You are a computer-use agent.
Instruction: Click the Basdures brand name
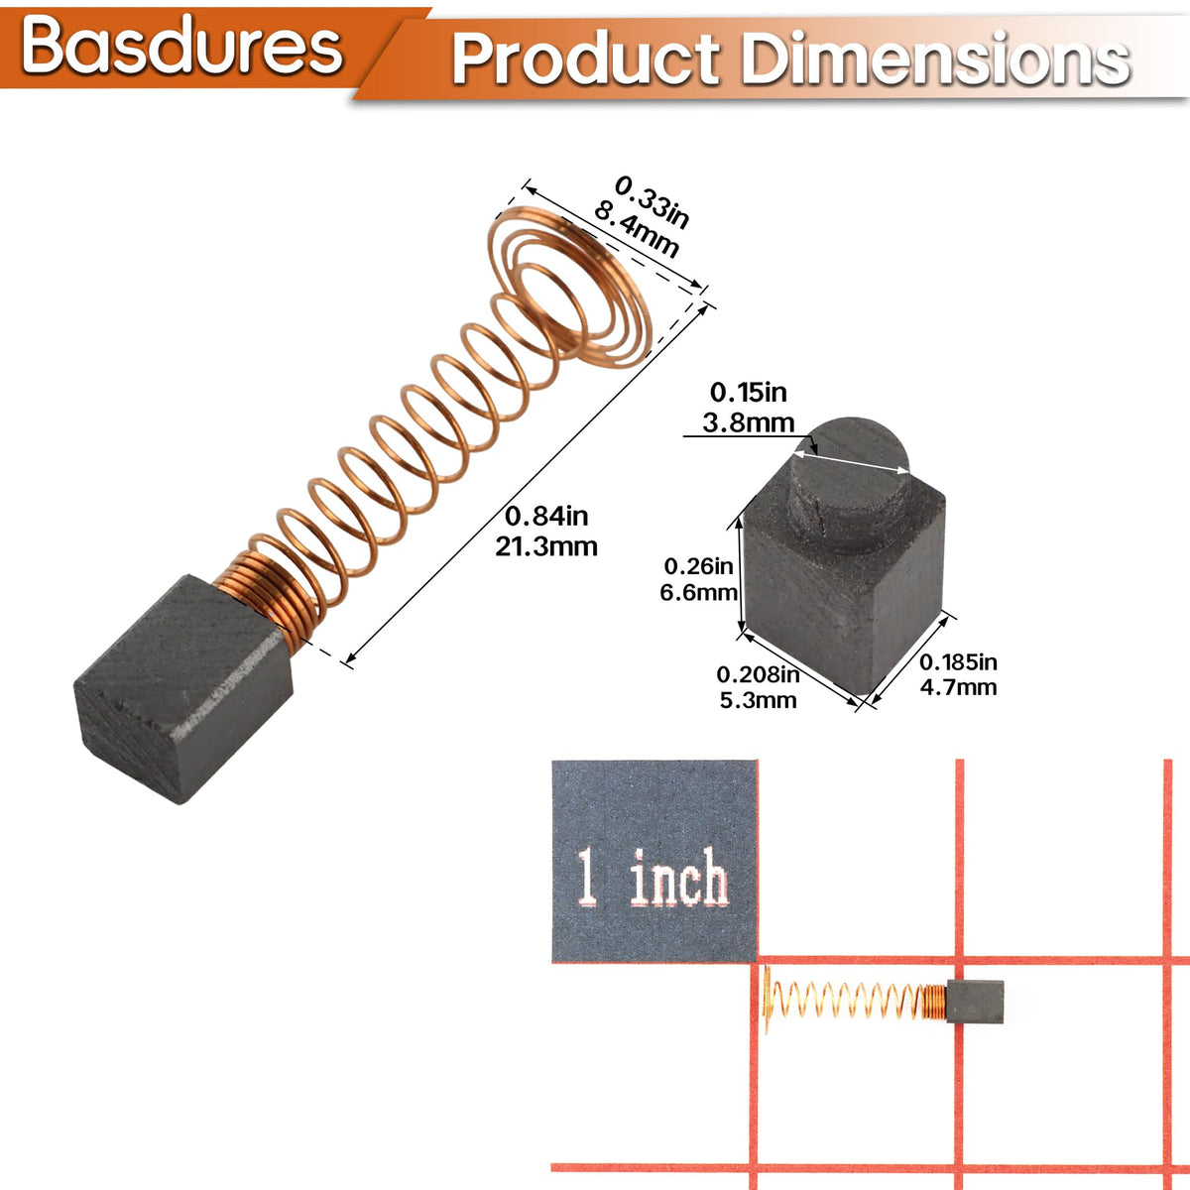(182, 48)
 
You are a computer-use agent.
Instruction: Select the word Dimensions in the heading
(935, 59)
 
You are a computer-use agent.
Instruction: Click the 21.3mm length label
(545, 546)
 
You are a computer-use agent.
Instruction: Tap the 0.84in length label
(545, 516)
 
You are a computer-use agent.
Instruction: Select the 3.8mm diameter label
(749, 423)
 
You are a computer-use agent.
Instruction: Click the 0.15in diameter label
(749, 392)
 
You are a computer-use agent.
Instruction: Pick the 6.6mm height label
(698, 593)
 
